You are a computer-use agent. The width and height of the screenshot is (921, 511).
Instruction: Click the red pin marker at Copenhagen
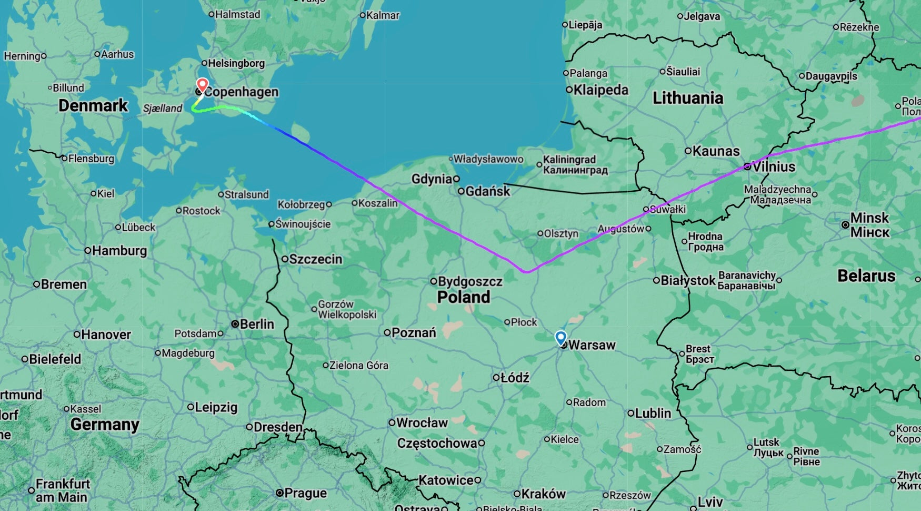pyautogui.click(x=202, y=84)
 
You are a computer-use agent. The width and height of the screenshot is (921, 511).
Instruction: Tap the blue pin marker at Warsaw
pyautogui.click(x=560, y=337)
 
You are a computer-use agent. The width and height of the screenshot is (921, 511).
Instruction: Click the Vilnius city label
pyautogui.click(x=774, y=167)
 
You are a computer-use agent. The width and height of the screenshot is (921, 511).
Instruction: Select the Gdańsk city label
pyautogui.click(x=487, y=191)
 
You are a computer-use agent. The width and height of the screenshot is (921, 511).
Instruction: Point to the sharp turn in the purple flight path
pyautogui.click(x=527, y=272)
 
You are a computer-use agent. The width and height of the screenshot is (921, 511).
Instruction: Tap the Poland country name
pyautogui.click(x=463, y=297)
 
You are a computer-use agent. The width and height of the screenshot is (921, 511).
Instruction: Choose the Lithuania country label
pyautogui.click(x=687, y=98)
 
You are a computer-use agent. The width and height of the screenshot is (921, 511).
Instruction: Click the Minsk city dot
pyautogui.click(x=845, y=225)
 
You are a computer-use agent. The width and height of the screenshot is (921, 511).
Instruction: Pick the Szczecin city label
pyautogui.click(x=315, y=259)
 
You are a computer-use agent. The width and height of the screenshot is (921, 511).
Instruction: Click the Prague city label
pyautogui.click(x=305, y=494)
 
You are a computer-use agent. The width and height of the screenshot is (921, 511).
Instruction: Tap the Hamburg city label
pyautogui.click(x=119, y=251)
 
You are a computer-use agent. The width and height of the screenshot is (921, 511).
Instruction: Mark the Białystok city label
pyautogui.click(x=687, y=281)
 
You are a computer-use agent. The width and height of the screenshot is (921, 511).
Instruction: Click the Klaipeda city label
pyautogui.click(x=600, y=90)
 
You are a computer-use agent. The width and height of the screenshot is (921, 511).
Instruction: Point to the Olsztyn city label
pyautogui.click(x=561, y=233)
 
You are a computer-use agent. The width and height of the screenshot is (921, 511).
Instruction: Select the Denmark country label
pyautogui.click(x=93, y=105)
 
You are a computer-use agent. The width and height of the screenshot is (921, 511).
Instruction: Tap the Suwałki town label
pyautogui.click(x=667, y=209)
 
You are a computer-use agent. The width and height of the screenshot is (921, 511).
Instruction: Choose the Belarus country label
pyautogui.click(x=866, y=276)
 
